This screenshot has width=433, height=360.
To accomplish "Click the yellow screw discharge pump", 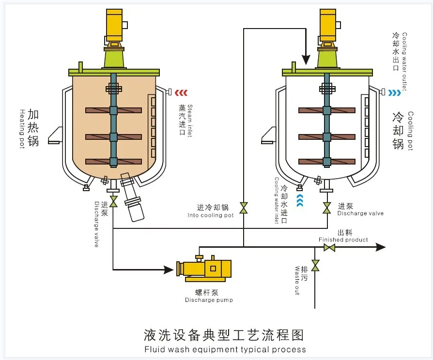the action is [204, 269].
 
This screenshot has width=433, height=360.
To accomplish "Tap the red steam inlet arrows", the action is [182, 93].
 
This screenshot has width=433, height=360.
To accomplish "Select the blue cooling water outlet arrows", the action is [394, 93].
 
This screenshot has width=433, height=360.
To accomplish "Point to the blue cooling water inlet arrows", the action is [300, 200].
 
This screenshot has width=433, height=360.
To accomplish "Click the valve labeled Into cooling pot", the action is [244, 208].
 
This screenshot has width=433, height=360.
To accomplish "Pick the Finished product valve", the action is [329, 247].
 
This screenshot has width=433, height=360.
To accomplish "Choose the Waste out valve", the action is [315, 265].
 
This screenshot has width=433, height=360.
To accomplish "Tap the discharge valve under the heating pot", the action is [113, 201].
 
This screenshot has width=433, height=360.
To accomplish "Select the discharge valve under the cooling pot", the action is [327, 208].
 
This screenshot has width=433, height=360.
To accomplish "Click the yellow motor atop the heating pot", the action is [114, 25].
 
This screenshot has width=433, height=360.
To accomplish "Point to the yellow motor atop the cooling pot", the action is [328, 25].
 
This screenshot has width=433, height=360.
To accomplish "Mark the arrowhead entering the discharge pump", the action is [169, 269].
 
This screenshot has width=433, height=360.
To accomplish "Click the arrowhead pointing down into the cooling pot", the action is [306, 60].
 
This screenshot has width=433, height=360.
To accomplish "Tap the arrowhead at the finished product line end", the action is [381, 247].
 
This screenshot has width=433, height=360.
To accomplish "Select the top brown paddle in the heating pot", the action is [113, 110].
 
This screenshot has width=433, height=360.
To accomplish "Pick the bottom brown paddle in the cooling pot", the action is [327, 162].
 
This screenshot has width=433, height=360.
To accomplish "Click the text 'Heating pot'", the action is [22, 129].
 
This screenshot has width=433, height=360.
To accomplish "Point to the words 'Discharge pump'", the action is [209, 300].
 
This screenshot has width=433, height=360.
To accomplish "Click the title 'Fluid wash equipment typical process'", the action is [225, 349].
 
